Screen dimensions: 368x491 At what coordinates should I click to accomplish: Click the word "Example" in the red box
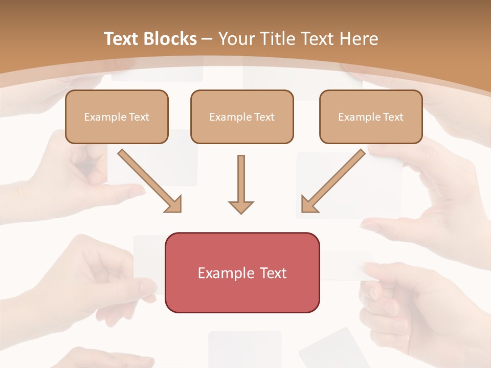coord(221,273)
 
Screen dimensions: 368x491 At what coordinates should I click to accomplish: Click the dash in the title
coord(207,39)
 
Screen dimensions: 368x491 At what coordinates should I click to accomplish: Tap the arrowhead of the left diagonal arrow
coord(174,204)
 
